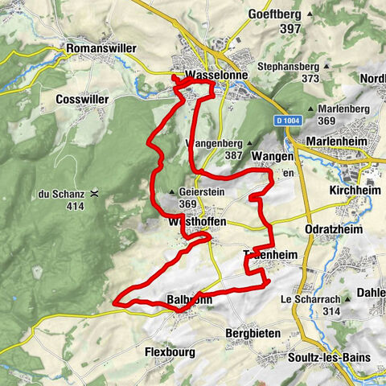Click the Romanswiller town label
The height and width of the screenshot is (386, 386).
pos(102,48)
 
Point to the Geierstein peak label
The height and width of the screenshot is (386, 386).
pos(198,192)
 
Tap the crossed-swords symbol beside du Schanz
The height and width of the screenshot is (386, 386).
pos(96,193)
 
